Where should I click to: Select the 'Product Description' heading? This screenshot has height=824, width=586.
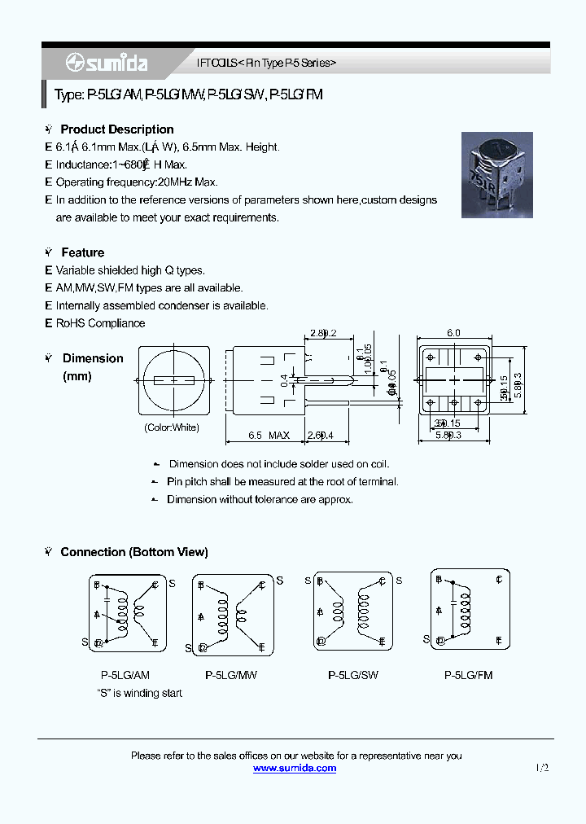click(x=117, y=129)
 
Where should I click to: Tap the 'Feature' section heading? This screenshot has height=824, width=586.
click(x=82, y=252)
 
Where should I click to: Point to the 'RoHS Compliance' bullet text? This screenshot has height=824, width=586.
click(x=100, y=323)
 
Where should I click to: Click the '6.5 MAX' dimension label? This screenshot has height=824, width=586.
click(x=269, y=436)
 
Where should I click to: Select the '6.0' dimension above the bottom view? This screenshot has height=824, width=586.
click(x=453, y=333)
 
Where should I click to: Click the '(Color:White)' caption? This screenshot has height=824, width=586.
click(x=172, y=427)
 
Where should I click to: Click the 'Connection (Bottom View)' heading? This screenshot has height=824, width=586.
click(x=134, y=552)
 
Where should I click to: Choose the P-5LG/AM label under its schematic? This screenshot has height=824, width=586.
click(x=125, y=675)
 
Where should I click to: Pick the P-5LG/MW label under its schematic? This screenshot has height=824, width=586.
click(x=231, y=675)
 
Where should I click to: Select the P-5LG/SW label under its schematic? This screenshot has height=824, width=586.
click(x=353, y=675)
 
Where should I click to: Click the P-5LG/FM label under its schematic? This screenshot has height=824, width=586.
click(x=469, y=675)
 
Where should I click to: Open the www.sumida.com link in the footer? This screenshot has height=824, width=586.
click(x=295, y=768)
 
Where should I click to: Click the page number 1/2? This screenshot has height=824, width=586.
click(x=543, y=768)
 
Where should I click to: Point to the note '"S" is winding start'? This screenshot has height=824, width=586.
click(x=139, y=693)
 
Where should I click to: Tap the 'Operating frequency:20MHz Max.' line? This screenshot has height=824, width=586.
click(x=137, y=182)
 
